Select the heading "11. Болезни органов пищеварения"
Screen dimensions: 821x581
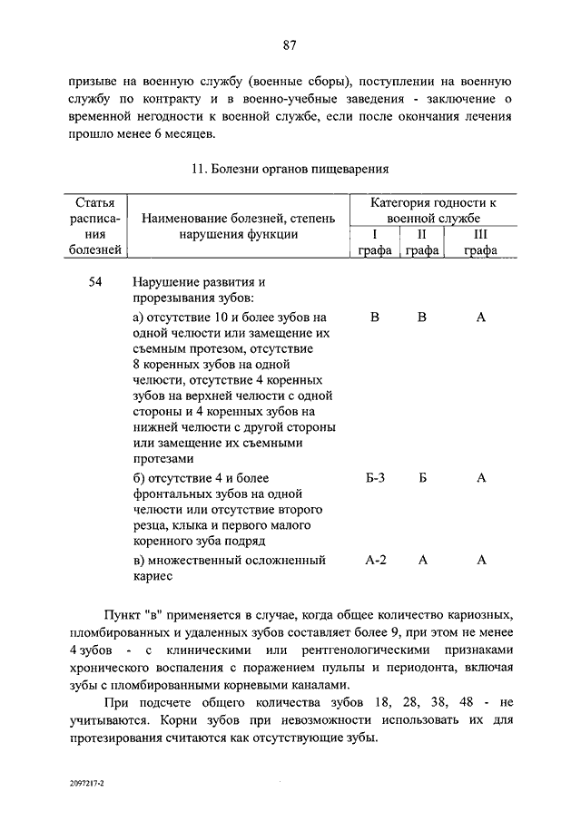[x=290, y=168]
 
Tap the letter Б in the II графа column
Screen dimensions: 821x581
[x=423, y=478]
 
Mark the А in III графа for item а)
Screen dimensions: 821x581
[x=481, y=318]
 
